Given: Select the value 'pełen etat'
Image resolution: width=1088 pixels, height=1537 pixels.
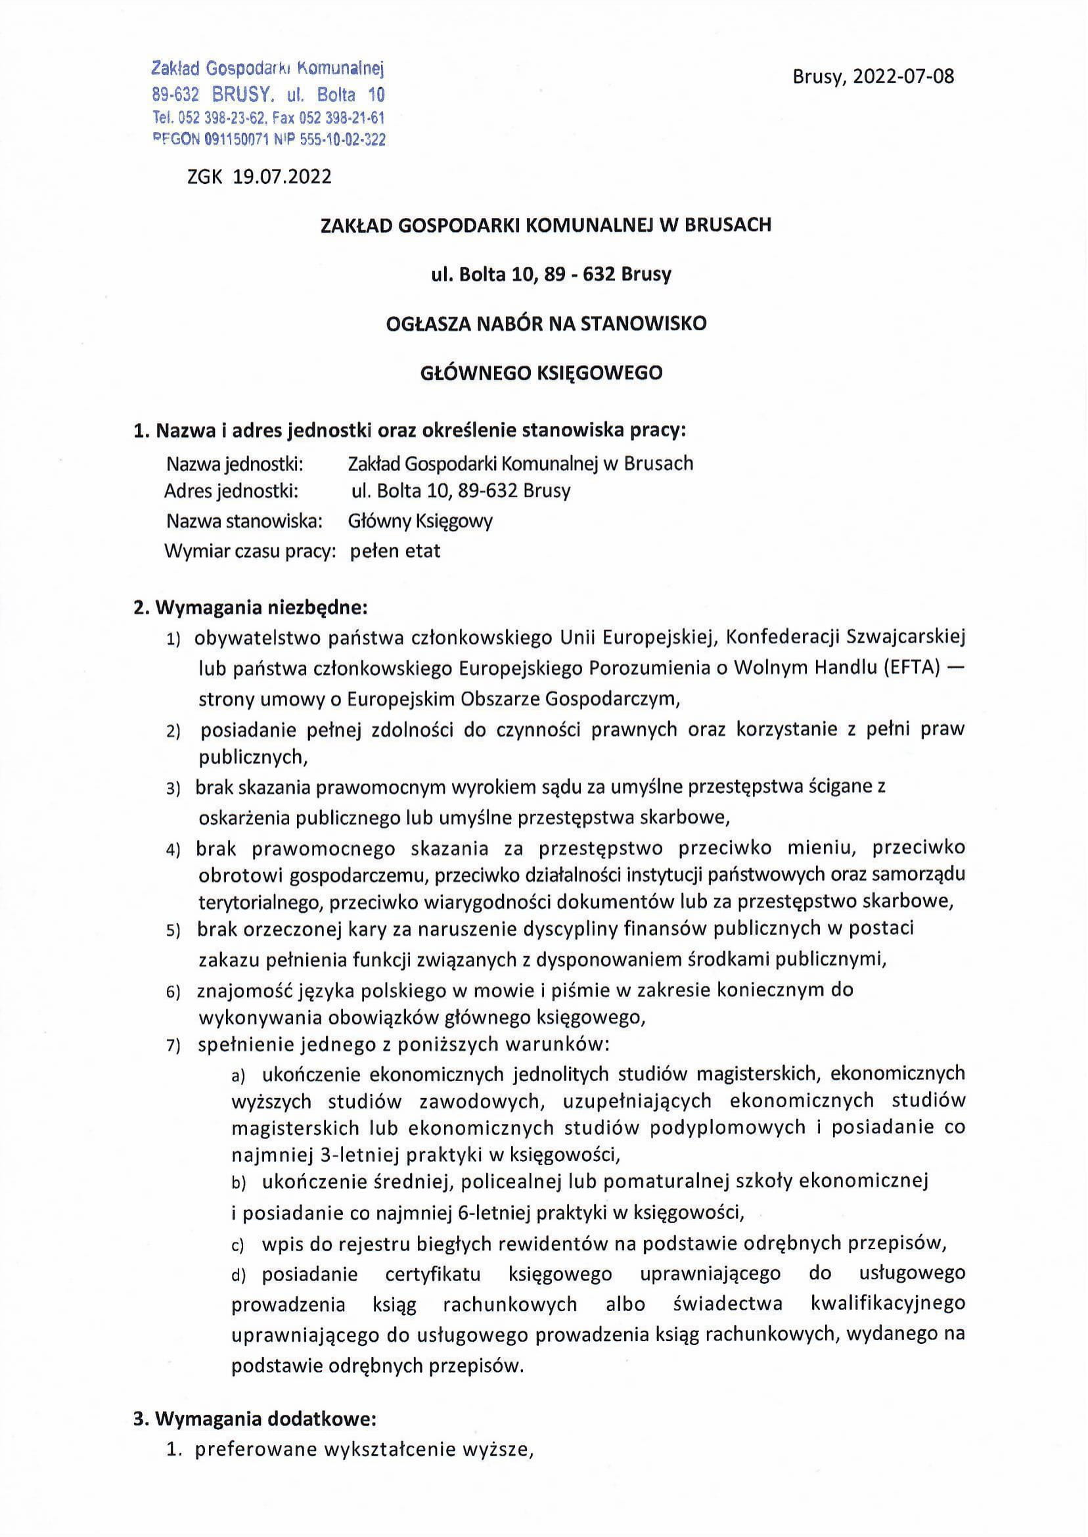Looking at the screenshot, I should point(396,551).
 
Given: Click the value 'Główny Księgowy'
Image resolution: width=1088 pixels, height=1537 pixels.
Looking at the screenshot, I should point(420,520).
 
